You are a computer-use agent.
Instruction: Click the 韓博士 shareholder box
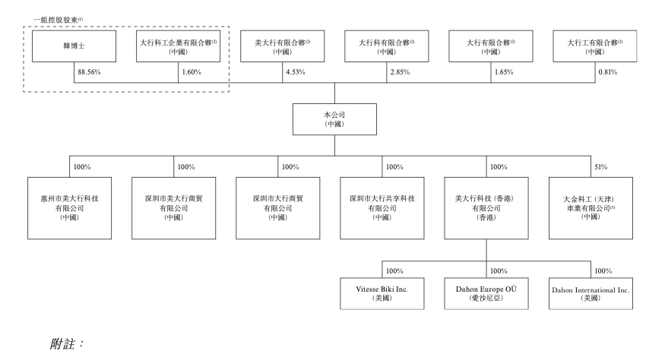click(74, 46)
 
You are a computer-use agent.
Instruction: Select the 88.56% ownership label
click(89, 72)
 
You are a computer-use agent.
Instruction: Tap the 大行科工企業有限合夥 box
click(178, 46)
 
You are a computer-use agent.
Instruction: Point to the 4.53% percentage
click(295, 72)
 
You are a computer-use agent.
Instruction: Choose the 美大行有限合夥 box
click(283, 46)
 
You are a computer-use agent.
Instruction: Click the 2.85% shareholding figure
click(400, 72)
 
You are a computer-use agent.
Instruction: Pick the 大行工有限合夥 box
click(594, 46)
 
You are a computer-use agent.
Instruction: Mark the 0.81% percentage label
click(608, 72)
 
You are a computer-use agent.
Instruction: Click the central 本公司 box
click(334, 119)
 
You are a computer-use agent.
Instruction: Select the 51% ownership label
click(600, 167)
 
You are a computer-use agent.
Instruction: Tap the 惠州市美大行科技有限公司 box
click(70, 208)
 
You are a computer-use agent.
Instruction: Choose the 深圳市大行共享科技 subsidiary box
click(382, 208)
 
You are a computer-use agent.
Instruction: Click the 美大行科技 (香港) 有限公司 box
click(486, 208)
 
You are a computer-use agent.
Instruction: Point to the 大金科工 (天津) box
click(591, 208)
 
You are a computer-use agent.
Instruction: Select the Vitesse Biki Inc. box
click(382, 293)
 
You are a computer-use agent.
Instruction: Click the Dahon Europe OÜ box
click(486, 293)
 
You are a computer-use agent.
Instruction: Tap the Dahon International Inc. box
click(591, 293)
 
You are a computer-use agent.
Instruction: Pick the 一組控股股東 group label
click(58, 20)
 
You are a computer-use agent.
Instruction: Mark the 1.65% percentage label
click(504, 72)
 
